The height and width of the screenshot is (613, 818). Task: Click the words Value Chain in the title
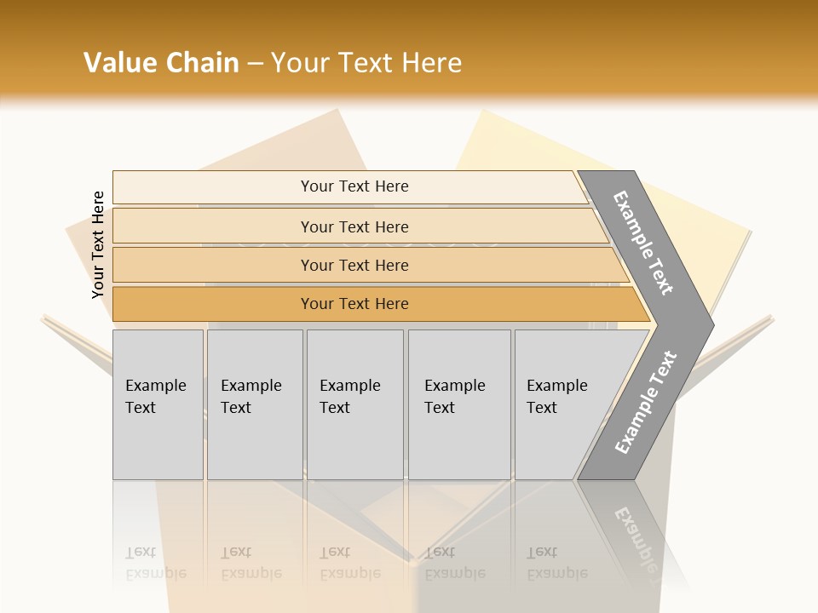[161, 63]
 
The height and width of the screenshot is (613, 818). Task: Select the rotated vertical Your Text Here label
[98, 244]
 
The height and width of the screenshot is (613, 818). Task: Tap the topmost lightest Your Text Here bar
[354, 186]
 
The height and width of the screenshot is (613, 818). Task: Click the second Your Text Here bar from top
[354, 226]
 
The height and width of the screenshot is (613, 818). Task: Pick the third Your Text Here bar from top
[354, 265]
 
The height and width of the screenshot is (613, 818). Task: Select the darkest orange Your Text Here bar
[354, 304]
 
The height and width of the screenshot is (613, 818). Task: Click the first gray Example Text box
[158, 404]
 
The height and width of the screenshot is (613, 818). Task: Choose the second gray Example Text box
[255, 404]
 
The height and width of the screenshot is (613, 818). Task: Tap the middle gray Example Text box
[354, 404]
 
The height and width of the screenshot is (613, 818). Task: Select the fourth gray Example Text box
[459, 404]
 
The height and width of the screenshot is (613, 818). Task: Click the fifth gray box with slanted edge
[558, 404]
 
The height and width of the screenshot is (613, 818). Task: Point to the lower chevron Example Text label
[645, 403]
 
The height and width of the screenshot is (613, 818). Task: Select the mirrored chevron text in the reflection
[635, 536]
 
